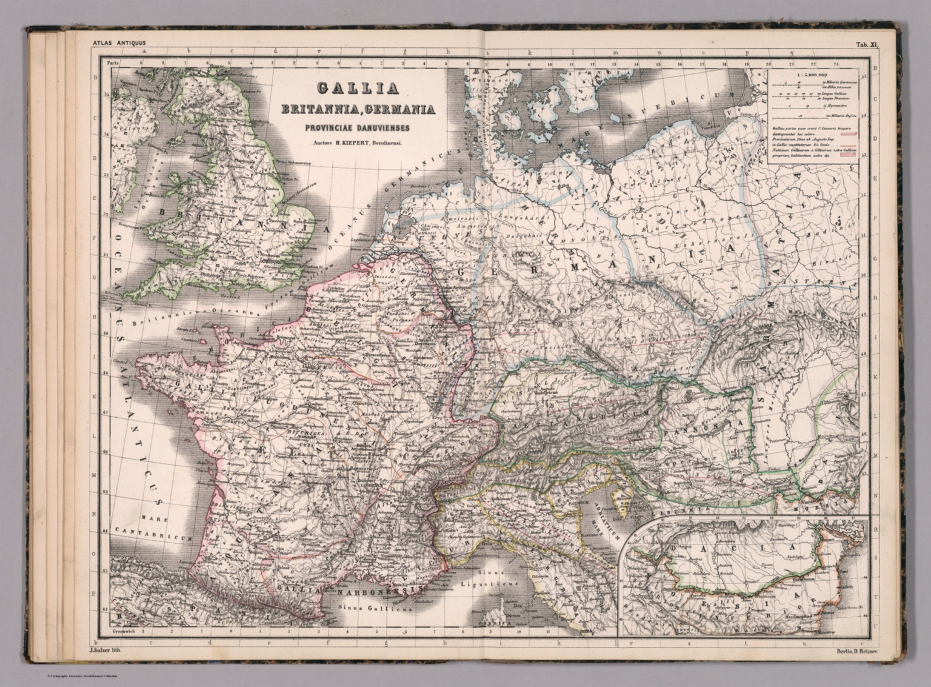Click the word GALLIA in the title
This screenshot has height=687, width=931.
pos(358,89)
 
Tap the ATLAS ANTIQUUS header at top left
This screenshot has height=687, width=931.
pos(120,42)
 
